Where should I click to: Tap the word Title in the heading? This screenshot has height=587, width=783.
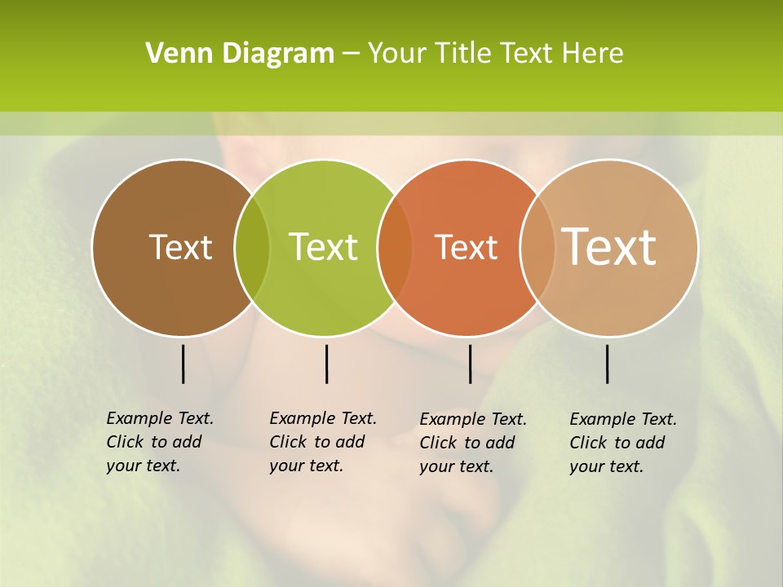point(467,54)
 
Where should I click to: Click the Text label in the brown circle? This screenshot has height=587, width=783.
point(180,247)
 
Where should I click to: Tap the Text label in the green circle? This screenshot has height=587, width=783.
point(324,247)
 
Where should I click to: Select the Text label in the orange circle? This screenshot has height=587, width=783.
point(466,247)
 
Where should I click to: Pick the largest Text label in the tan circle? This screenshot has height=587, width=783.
point(609,246)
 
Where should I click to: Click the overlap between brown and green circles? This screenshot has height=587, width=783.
point(252,248)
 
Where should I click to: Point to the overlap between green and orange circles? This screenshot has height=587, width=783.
point(396,248)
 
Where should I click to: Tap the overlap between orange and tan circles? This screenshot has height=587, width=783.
point(537,248)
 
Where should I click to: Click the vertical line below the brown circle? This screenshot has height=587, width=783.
point(183,364)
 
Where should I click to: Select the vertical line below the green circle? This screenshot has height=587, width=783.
point(326,364)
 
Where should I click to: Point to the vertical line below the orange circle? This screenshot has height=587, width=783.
point(470,364)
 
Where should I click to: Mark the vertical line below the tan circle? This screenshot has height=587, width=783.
point(608,364)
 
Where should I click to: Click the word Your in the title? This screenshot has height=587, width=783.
point(397,54)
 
